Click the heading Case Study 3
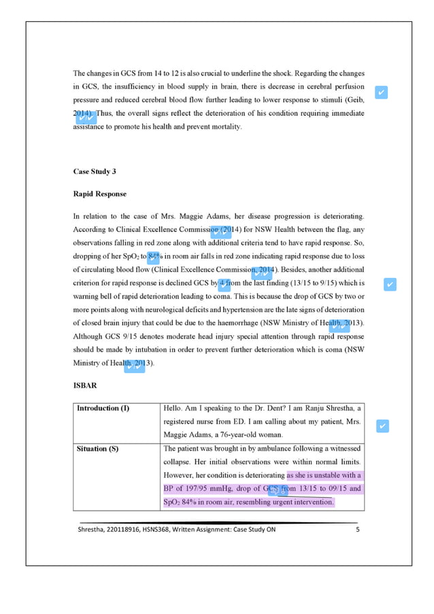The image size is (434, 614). [94, 171]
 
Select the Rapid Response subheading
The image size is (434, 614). [99, 194]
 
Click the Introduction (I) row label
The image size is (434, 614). [103, 409]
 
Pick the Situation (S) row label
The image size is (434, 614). [99, 449]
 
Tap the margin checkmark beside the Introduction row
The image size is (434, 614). [382, 426]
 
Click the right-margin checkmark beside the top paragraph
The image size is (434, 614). [382, 92]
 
